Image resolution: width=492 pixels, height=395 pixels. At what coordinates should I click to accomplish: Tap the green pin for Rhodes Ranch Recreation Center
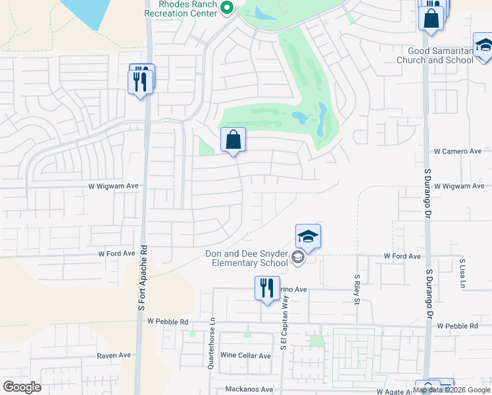[227, 9]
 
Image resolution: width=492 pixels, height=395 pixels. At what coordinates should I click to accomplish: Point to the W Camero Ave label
[458, 151]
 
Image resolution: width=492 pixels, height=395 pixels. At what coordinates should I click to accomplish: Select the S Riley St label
[357, 290]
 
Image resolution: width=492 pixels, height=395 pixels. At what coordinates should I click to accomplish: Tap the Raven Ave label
[114, 355]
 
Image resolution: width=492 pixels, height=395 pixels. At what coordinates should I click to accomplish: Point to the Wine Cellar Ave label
[245, 356]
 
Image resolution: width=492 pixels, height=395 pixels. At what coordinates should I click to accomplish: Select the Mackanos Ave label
[249, 390]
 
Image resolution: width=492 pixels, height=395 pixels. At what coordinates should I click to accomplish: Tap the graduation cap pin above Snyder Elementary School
[308, 236]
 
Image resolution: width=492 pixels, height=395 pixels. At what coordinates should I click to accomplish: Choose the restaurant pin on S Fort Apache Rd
[140, 81]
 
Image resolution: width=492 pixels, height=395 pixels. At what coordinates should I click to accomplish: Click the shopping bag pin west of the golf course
[233, 140]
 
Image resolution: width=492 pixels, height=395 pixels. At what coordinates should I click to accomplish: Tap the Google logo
[22, 387]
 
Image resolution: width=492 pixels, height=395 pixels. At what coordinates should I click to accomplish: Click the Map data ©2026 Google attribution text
[451, 390]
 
